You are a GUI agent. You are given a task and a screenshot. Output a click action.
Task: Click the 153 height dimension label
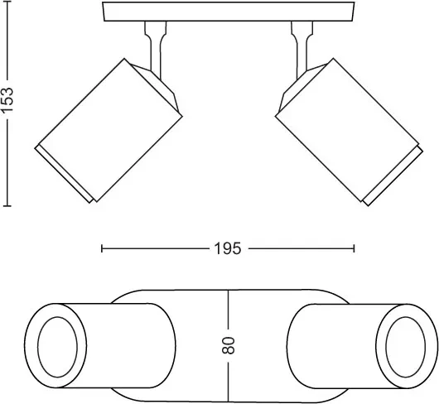(x=7, y=100)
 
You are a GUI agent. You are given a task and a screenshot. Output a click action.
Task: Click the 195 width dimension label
(x=227, y=248)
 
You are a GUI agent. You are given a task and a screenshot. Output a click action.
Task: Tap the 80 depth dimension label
(x=228, y=345)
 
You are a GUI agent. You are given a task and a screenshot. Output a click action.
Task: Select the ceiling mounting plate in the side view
(x=229, y=12)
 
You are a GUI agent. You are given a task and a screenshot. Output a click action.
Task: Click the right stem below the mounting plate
(x=302, y=47)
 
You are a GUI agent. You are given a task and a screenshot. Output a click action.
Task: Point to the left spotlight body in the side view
(x=110, y=130)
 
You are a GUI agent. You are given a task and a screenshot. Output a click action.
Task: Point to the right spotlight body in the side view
(x=347, y=130)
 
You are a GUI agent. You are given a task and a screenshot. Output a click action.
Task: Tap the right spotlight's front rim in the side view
(x=393, y=176)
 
